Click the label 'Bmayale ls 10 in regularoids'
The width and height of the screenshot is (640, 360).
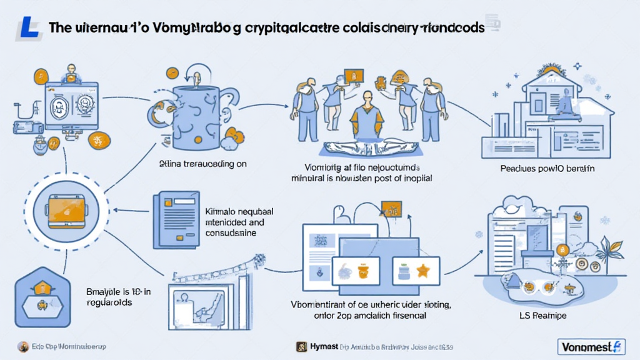[117, 296]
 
